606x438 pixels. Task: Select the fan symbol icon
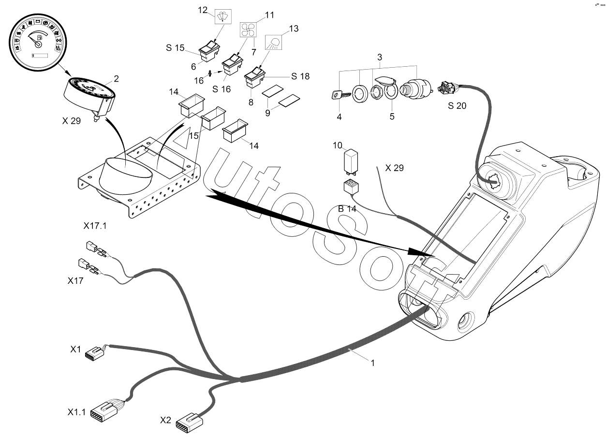click(250, 30)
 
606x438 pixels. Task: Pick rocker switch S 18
click(254, 77)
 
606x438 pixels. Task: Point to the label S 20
click(457, 106)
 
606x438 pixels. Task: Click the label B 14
click(347, 209)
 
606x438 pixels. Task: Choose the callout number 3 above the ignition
click(380, 58)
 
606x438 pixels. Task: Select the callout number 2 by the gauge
click(116, 78)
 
